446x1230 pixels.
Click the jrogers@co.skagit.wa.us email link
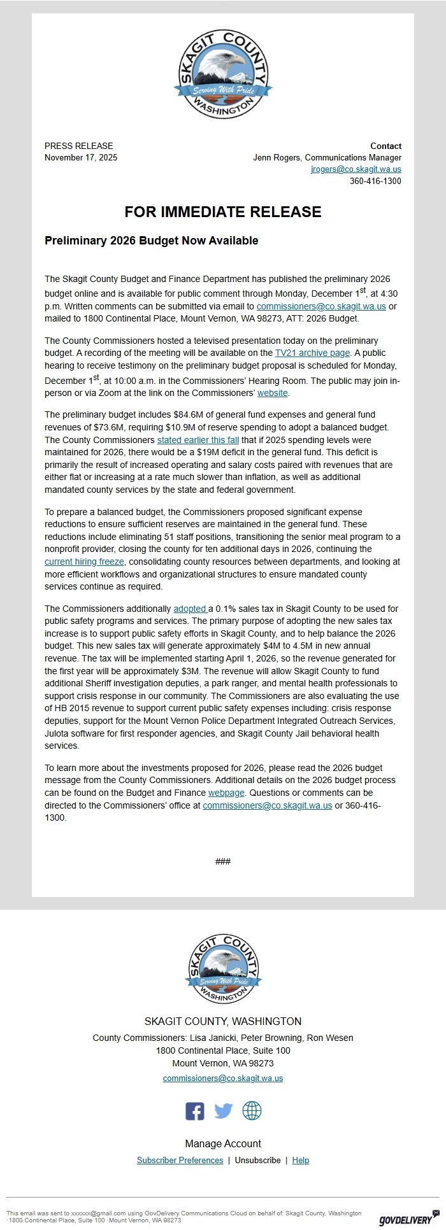(356, 169)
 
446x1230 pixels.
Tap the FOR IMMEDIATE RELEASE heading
(223, 212)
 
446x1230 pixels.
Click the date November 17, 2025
(81, 157)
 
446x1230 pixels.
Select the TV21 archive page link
(312, 353)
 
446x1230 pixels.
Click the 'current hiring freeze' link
(84, 562)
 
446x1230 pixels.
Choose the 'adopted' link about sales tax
(190, 609)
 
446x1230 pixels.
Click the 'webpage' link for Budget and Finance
(226, 793)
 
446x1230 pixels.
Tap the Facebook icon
(195, 1111)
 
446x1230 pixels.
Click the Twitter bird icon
(223, 1111)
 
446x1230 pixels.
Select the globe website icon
(252, 1111)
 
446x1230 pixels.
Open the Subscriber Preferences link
(180, 1160)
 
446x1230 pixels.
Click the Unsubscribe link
(257, 1160)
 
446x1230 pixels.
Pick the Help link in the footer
(301, 1160)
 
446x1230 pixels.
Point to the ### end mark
(223, 861)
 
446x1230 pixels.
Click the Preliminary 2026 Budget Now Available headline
(151, 241)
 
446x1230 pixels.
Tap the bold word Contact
(385, 146)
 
